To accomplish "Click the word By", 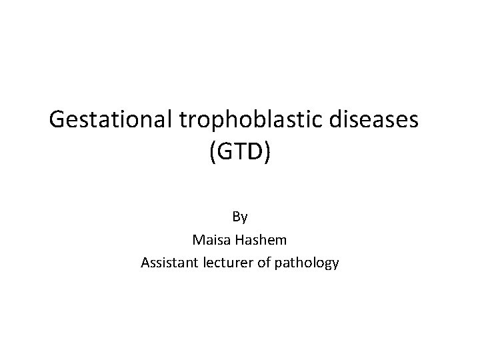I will pos(240,216).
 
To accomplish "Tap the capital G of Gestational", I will pos(58,121).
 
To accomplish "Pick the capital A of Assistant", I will pos(145,263).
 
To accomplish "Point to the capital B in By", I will pos(236,216).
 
